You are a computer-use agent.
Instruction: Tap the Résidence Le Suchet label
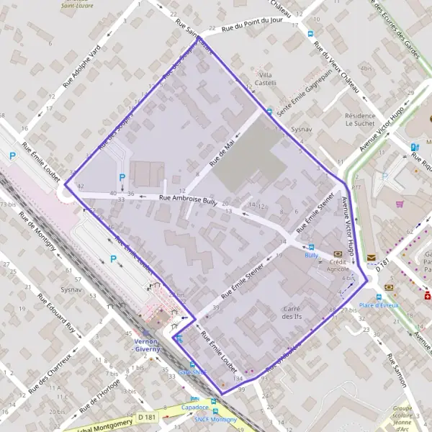pos(360,119)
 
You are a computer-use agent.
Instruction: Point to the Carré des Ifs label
pos(292,312)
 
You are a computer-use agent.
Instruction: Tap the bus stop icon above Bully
pos(311,246)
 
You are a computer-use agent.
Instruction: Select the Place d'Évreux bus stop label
pos(379,305)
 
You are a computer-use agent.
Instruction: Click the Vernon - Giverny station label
pos(156,345)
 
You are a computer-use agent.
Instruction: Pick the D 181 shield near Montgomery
pos(147,416)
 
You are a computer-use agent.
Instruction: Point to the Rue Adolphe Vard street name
pos(82,66)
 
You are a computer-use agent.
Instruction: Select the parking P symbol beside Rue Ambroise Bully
pos(122,178)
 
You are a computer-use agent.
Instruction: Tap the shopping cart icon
pos(399,204)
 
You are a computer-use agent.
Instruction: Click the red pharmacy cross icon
pos(428,295)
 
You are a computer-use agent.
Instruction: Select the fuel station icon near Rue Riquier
pos(414,148)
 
